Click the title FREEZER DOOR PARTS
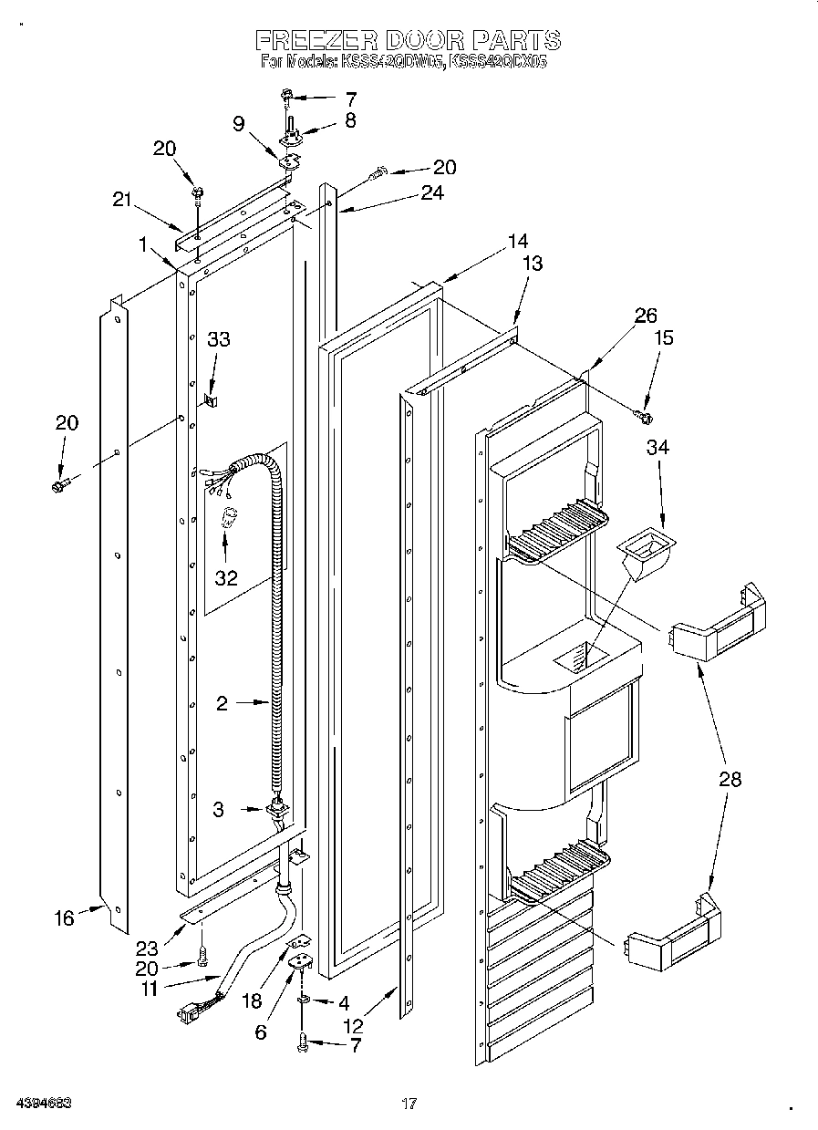point(407,40)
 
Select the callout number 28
point(729,779)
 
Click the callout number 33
point(218,340)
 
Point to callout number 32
point(225,577)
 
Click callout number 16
point(64,917)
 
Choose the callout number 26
point(646,316)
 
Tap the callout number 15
point(664,337)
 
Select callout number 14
point(517,242)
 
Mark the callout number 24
point(432,192)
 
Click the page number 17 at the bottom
point(409,1104)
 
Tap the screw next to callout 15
point(645,416)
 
